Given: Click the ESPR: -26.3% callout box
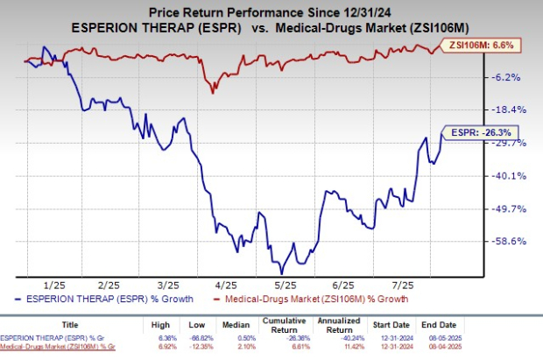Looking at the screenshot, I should coord(471,132).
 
